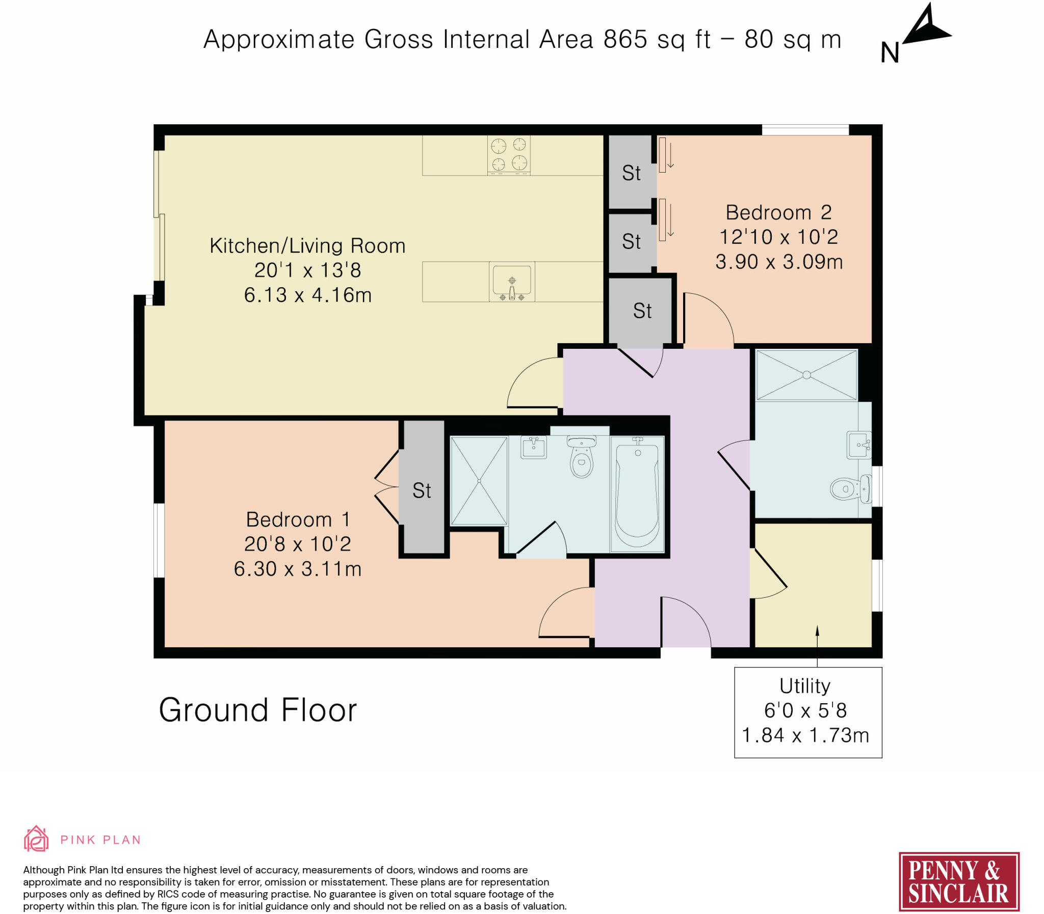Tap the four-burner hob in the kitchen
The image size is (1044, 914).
[x=508, y=155]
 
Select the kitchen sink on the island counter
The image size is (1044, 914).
[x=511, y=282]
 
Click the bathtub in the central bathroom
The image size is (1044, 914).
[x=637, y=494]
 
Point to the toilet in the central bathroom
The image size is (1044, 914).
[x=582, y=457]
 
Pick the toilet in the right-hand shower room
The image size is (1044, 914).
[x=850, y=489]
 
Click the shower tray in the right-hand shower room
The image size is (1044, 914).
[x=806, y=375]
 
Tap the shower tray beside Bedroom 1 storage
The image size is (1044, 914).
[x=479, y=481]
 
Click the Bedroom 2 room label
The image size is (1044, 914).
[x=778, y=212]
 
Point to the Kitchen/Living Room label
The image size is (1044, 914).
[x=307, y=245]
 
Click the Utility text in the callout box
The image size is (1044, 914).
[x=805, y=686]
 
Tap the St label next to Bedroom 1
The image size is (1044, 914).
[x=422, y=491]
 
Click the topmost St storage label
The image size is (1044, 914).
[x=631, y=173]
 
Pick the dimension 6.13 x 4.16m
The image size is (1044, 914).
[x=307, y=295]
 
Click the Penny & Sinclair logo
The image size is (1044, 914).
[x=959, y=882]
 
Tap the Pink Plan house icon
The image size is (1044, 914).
[x=36, y=839]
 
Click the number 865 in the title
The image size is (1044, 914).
[x=625, y=39]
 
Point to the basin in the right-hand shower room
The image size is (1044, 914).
[x=859, y=445]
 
